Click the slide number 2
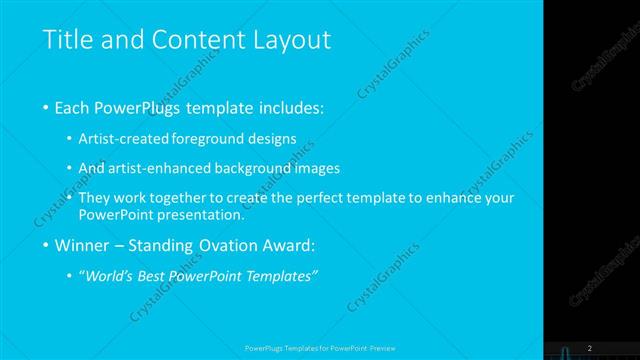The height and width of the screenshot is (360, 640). click(590, 347)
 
